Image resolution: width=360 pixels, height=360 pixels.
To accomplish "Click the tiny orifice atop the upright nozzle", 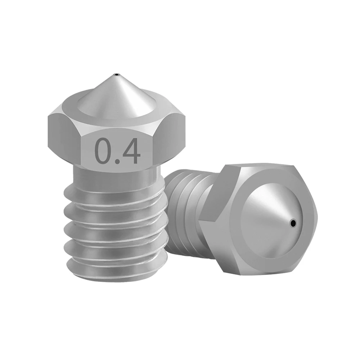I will [x=117, y=75].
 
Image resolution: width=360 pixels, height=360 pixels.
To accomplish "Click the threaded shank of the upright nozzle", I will [x=115, y=230].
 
